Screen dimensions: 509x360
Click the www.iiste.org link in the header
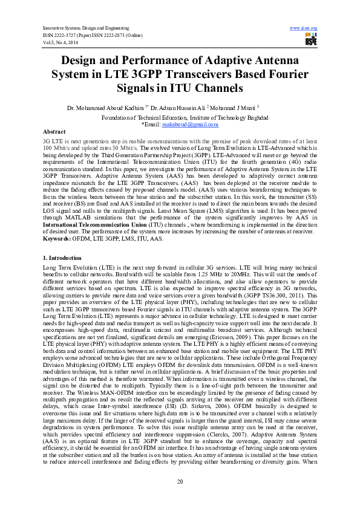coord(304,28)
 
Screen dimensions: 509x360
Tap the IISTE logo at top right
coord(311,40)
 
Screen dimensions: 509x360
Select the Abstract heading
coord(54,131)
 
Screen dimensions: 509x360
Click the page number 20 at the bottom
coord(180,481)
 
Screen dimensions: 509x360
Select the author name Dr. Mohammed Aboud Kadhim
coord(106,108)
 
